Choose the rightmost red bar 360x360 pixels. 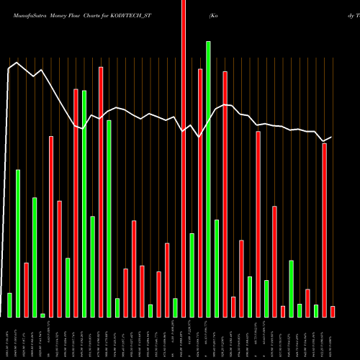(x=333, y=311)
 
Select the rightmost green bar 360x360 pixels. (x=315, y=310)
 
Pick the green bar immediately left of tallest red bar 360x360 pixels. (x=175, y=307)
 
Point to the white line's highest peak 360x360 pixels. (x=16, y=63)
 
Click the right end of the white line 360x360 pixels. (x=332, y=136)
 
